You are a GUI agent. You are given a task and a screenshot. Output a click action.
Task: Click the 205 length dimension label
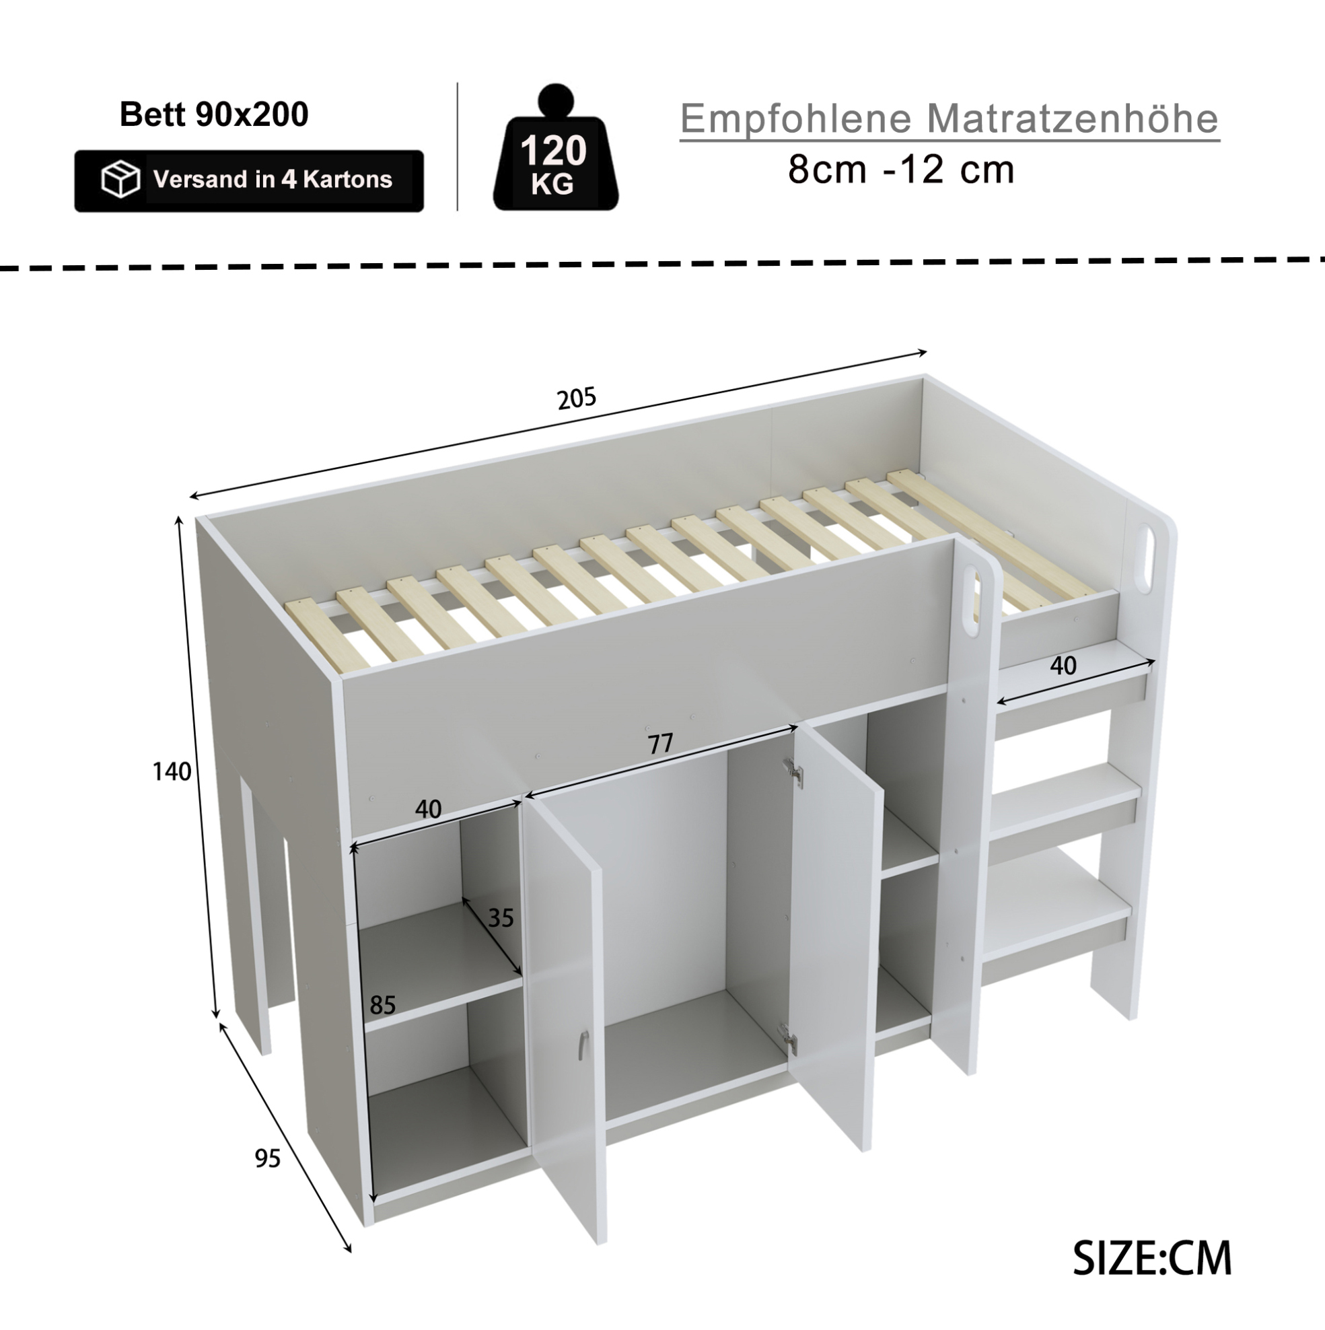[577, 398]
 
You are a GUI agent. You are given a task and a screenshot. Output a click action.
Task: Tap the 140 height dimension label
[172, 772]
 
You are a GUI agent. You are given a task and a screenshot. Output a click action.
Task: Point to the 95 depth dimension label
[268, 1158]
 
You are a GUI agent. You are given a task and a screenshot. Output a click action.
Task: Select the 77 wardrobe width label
[660, 744]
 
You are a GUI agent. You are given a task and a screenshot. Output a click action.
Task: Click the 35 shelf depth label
[501, 917]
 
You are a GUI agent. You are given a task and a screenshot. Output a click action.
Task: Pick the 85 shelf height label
[383, 1005]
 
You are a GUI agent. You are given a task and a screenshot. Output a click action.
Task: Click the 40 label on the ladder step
[1063, 665]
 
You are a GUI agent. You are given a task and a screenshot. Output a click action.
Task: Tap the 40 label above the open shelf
[427, 809]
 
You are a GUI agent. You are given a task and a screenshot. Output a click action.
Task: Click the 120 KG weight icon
[554, 148]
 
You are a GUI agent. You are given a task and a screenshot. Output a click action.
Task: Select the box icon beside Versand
[120, 180]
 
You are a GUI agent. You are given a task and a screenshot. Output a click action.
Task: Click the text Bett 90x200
[214, 114]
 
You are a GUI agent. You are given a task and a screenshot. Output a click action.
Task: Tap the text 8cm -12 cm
[901, 170]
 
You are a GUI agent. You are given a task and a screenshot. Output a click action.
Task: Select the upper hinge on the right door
[793, 772]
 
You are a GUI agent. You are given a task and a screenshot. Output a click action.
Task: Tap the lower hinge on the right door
[789, 1037]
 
